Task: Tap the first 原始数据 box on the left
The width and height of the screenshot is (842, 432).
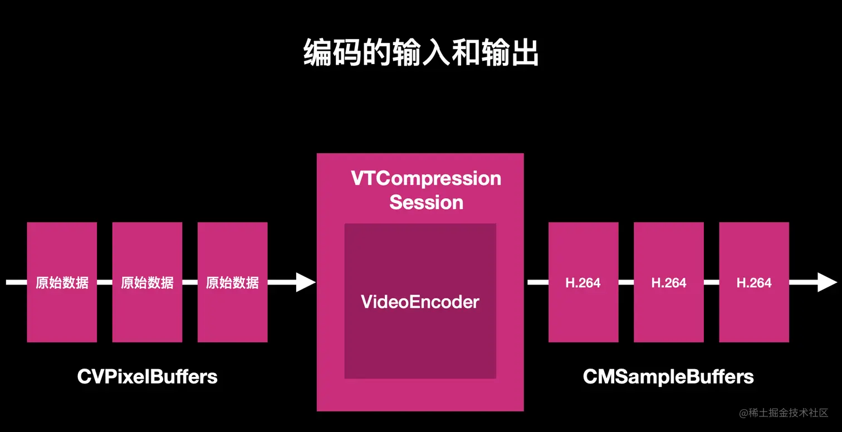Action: [x=62, y=282]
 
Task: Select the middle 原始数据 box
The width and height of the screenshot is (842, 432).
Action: [x=147, y=282]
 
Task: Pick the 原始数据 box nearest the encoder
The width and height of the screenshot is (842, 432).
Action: [x=232, y=282]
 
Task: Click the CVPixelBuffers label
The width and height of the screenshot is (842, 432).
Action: [x=147, y=377]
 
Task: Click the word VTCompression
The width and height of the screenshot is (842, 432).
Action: [x=426, y=179]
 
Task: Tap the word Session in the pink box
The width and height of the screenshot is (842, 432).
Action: [x=426, y=202]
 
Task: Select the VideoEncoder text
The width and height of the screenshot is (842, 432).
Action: [x=420, y=302]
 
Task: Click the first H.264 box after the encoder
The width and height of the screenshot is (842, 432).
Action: [x=583, y=282]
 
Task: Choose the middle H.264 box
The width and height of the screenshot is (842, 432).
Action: [x=668, y=282]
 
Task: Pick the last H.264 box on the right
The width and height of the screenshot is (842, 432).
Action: [x=754, y=282]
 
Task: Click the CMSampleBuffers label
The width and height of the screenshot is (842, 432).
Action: [x=668, y=377]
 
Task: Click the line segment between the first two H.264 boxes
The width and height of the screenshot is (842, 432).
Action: [x=626, y=282]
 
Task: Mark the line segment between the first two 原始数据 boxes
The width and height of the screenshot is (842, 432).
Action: [x=105, y=282]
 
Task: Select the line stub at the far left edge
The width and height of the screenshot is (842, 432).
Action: [x=16, y=282]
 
